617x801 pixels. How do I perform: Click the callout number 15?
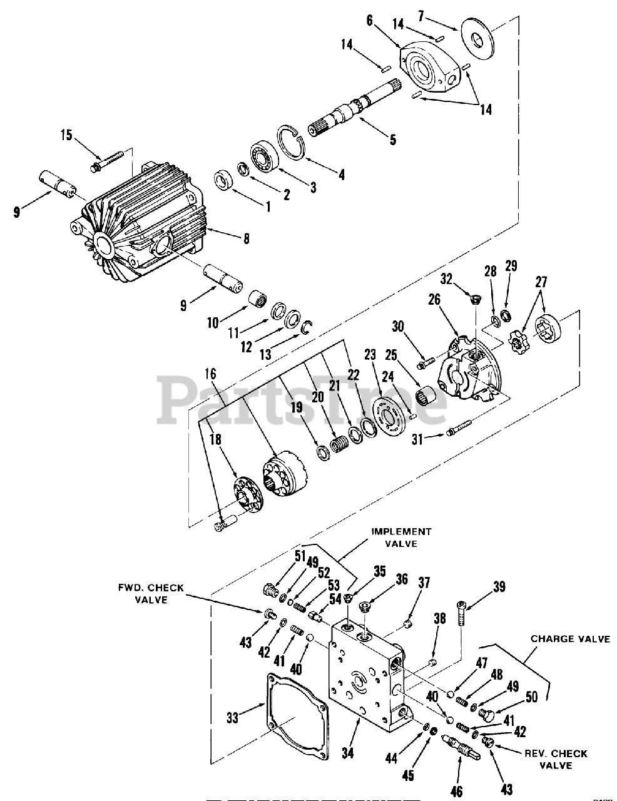point(66,135)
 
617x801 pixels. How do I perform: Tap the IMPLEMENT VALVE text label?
point(401,538)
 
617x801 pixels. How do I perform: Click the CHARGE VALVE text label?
point(570,639)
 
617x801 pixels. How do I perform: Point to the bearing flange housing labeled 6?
point(432,69)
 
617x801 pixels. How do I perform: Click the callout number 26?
point(434,300)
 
